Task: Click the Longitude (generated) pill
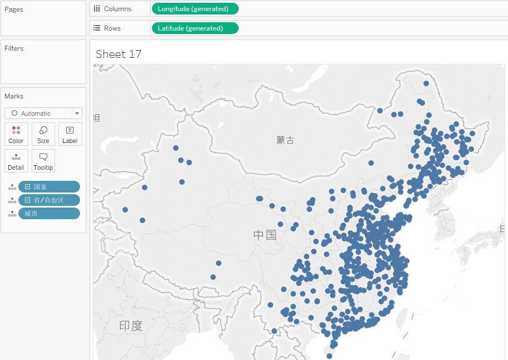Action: [x=194, y=9]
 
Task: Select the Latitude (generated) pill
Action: [x=194, y=28]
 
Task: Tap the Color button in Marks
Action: [x=16, y=134]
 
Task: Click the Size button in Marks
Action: [x=43, y=134]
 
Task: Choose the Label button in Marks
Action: [x=70, y=134]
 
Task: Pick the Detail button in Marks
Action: [x=16, y=161]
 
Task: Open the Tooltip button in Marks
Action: [x=43, y=161]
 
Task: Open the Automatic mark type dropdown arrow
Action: [x=77, y=114]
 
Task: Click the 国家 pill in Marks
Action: [x=49, y=187]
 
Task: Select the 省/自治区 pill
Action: [x=49, y=200]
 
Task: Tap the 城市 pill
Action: [x=49, y=214]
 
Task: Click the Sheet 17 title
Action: [x=119, y=54]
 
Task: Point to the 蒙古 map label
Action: [x=285, y=140]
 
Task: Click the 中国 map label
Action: [x=265, y=235]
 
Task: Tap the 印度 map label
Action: [x=131, y=326]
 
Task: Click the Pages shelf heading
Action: [x=14, y=9]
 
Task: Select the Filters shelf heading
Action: [x=14, y=48]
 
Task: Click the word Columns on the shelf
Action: [x=117, y=9]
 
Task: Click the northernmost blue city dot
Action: [x=426, y=83]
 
